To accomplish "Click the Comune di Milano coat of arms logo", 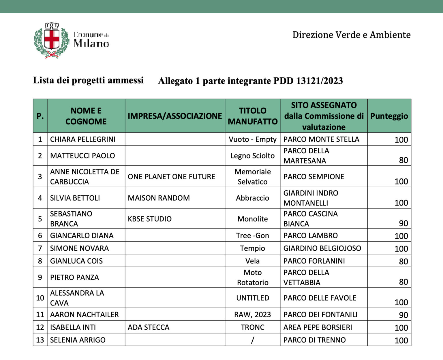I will (52, 40).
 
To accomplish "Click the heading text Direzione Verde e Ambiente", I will (351, 35).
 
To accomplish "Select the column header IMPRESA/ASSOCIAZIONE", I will (175, 116).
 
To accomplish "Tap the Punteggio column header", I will (389, 116).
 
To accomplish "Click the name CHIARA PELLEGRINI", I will (83, 139).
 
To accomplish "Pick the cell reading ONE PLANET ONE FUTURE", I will (171, 177).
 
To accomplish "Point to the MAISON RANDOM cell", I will (159, 198).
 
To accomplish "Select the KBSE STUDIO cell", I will (149, 219).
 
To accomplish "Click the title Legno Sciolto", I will (252, 156).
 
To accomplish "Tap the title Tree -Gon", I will (252, 235).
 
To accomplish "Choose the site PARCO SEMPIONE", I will (314, 177).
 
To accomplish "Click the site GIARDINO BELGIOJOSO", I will (322, 248).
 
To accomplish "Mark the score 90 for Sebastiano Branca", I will (403, 223).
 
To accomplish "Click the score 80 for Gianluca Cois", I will (403, 261).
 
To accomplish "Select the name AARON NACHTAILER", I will (84, 314).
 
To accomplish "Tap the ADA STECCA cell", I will (149, 327).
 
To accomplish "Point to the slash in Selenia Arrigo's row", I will (252, 340).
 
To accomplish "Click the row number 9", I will (40, 277).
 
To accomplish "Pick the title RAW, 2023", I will (252, 314).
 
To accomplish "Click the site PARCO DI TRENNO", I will (314, 340).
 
